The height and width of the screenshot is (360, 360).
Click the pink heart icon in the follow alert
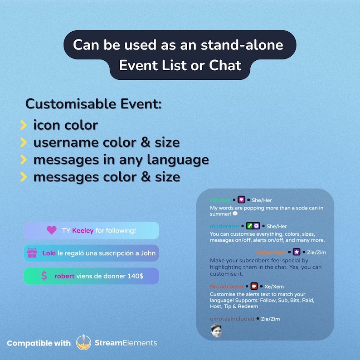[x=52, y=230]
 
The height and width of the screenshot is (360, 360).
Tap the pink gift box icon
[x=32, y=253]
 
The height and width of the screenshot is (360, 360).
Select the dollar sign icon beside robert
[x=44, y=276]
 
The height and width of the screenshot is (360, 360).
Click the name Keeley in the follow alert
[x=83, y=231]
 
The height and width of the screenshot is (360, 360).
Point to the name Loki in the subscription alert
[x=49, y=253]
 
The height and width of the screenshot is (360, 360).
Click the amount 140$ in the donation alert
[x=134, y=276]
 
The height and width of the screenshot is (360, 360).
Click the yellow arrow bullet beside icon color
[x=23, y=125]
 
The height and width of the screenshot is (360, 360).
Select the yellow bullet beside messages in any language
[x=23, y=160]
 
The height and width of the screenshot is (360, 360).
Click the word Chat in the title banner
[x=225, y=65]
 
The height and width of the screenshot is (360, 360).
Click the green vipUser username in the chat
[x=220, y=200]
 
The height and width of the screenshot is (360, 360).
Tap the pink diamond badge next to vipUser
[x=241, y=200]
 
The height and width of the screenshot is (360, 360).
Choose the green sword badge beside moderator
[x=249, y=226]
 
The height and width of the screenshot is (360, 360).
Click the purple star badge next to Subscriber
[x=297, y=252]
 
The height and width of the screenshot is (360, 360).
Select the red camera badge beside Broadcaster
[x=254, y=287]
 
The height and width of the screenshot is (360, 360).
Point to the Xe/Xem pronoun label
[x=275, y=287]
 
